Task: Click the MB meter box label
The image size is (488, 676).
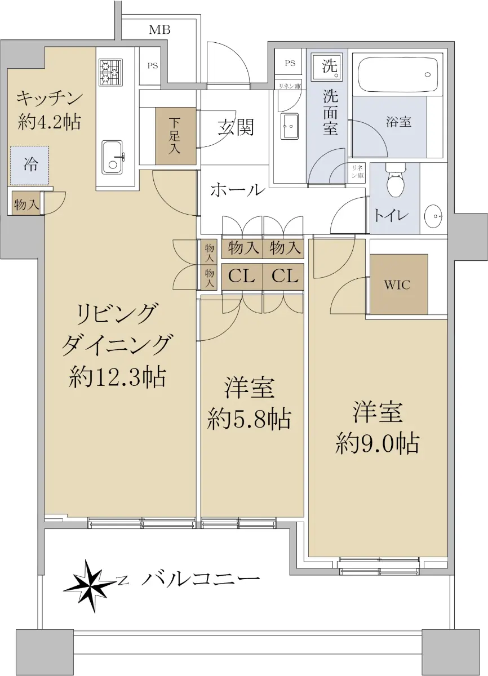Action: tap(159, 30)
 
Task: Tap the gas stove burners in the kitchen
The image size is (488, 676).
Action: tap(111, 72)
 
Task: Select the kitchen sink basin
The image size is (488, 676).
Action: tap(112, 157)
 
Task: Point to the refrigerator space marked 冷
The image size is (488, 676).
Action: tap(30, 166)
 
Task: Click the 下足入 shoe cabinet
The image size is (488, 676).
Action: tap(176, 136)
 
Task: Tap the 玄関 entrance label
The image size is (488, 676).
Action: tap(236, 127)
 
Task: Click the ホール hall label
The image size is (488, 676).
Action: tap(238, 190)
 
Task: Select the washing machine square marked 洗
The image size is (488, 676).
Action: tap(328, 66)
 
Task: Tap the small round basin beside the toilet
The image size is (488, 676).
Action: tap(434, 216)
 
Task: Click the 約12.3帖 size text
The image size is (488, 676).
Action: tap(117, 377)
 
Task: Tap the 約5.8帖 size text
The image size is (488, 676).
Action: tap(249, 419)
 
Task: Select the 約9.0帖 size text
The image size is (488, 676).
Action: tap(377, 443)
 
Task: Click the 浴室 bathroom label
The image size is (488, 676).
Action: tap(398, 122)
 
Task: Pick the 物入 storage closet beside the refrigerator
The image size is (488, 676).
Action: tap(26, 204)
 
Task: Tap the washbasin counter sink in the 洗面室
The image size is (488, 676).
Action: tap(290, 126)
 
